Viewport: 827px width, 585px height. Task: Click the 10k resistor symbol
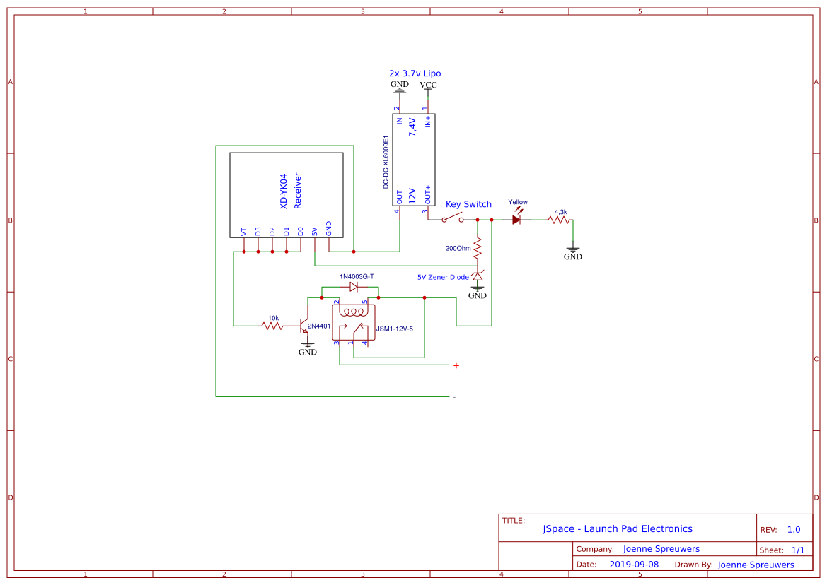272,326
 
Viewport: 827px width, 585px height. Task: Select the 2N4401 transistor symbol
306,326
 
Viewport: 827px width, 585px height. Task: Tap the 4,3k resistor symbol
560,220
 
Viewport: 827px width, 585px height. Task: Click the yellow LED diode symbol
517,220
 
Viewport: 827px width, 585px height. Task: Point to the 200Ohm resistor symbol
478,248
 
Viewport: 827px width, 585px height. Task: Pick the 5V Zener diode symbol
478,276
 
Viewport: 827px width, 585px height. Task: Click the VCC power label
428,85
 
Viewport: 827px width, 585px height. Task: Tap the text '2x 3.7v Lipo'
415,73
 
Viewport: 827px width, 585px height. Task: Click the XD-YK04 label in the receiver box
284,191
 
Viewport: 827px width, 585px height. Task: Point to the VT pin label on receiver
244,231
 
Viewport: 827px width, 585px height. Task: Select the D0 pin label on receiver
301,231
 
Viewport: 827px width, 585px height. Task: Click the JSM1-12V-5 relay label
395,329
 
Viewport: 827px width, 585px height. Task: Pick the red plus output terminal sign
456,365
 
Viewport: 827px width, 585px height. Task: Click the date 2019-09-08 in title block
633,565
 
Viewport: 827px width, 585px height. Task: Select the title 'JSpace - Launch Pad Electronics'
618,528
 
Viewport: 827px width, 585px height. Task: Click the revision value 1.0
793,529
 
